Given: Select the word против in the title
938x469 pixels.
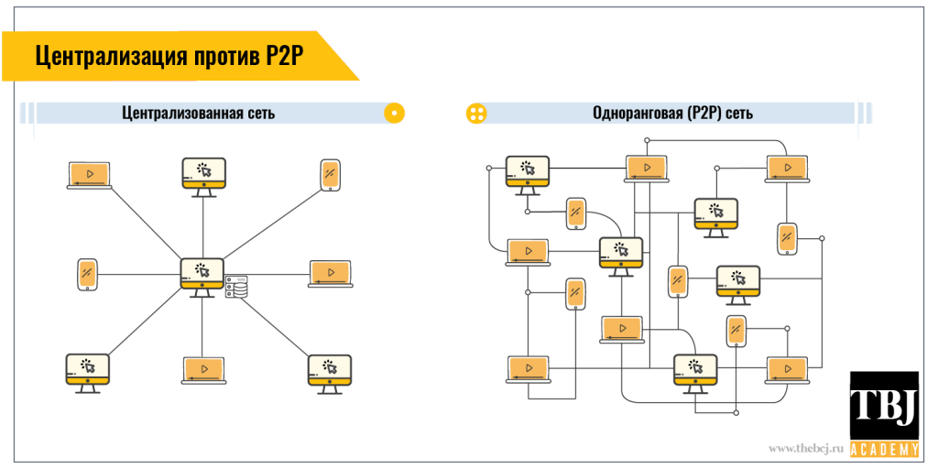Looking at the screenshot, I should (x=218, y=57).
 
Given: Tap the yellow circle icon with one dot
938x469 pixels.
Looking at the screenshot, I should (x=394, y=114).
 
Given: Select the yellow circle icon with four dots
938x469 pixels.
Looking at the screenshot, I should (x=476, y=114).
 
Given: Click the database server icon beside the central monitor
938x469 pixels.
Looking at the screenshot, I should (x=236, y=287).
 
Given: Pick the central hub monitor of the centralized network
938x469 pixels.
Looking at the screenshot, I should (x=202, y=274).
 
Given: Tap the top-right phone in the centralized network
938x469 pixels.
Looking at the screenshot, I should (x=331, y=175).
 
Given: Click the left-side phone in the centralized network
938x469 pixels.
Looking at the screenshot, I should (x=87, y=274).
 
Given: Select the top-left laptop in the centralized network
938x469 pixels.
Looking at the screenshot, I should (x=90, y=174).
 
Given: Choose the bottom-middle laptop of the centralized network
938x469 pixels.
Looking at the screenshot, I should (x=203, y=368).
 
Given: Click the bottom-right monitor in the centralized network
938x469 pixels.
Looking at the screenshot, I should (x=331, y=371).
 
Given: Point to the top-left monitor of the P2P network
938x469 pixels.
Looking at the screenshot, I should (x=528, y=172).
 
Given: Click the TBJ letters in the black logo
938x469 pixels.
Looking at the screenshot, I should (x=883, y=404).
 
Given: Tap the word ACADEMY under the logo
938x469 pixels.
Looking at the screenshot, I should (x=883, y=449).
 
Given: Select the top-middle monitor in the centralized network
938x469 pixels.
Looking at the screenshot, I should (x=203, y=174).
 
